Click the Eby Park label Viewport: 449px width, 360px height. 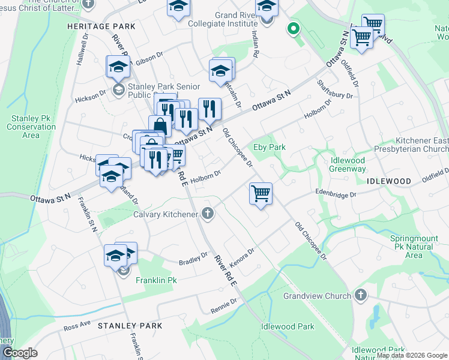pyautogui.click(x=269, y=147)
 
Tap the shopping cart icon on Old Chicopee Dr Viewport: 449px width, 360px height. pyautogui.click(x=261, y=194)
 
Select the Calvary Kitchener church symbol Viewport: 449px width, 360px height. pyautogui.click(x=208, y=214)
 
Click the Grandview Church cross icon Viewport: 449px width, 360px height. pyautogui.click(x=360, y=295)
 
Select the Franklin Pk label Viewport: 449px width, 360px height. pyautogui.click(x=156, y=280)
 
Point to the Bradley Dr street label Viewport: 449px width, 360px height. pyautogui.click(x=193, y=259)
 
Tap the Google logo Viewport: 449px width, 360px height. pyautogui.click(x=20, y=353)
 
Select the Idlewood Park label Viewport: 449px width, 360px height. pyautogui.click(x=288, y=327)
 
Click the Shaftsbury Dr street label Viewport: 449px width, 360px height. pyautogui.click(x=329, y=89)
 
